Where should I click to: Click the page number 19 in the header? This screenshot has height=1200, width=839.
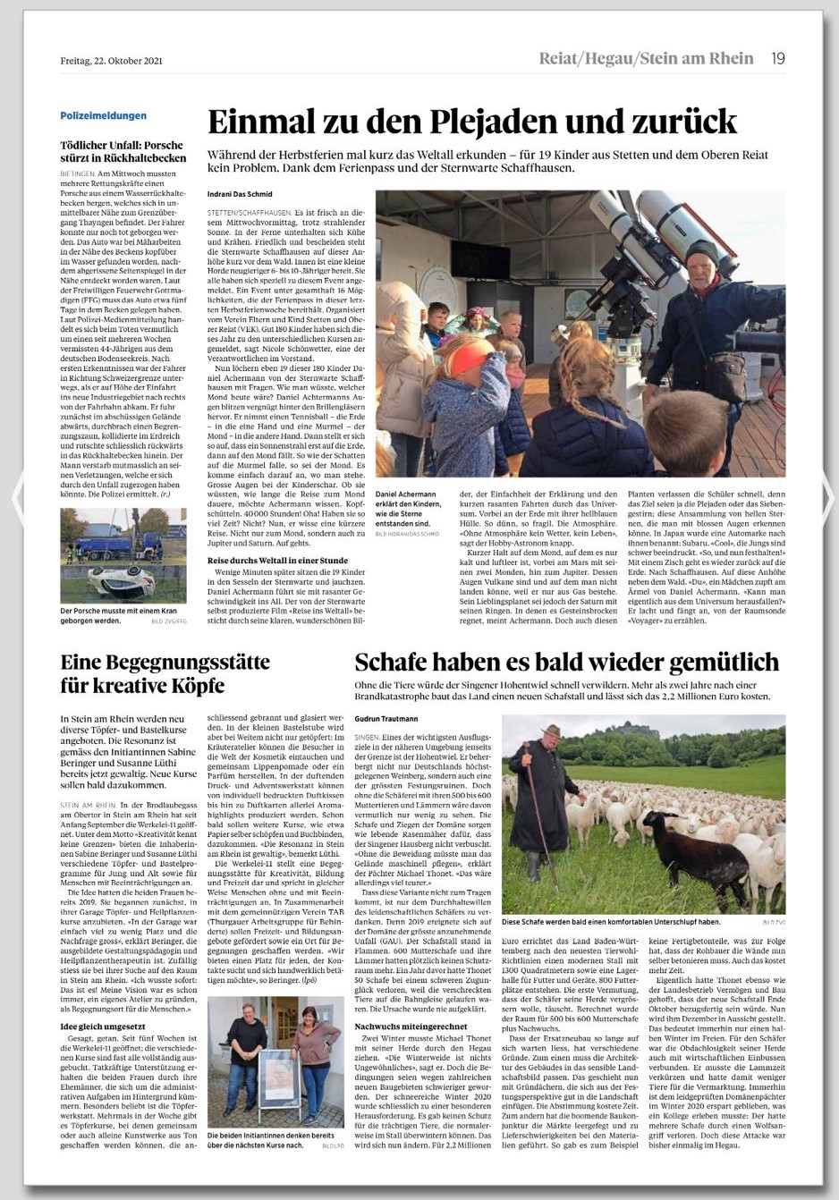777,59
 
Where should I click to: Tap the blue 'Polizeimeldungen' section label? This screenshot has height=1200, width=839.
104,115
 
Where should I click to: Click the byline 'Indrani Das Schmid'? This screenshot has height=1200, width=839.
240,194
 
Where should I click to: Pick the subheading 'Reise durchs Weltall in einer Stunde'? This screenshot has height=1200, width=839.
277,560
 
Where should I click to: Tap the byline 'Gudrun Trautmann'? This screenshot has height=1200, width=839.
386,718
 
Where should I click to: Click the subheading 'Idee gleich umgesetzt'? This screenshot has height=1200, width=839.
102,1026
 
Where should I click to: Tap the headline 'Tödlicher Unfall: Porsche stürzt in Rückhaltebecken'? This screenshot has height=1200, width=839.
122,151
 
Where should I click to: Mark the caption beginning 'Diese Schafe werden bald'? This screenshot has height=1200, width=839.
611,921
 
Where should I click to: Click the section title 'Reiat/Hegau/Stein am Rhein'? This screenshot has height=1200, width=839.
646,59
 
